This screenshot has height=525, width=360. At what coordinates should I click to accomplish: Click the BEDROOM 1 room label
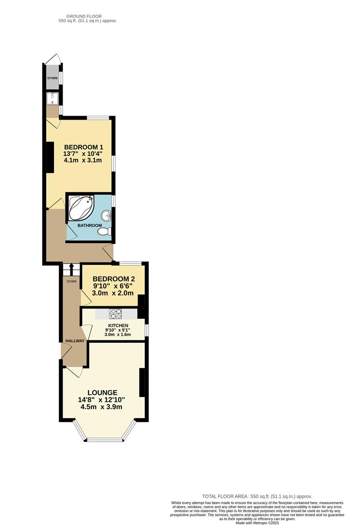tap(82, 147)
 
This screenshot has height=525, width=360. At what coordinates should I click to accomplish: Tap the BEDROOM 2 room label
tap(113, 279)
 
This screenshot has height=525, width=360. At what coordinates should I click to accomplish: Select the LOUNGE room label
tap(102, 393)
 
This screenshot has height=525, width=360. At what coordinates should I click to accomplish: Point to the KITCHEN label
tap(118, 325)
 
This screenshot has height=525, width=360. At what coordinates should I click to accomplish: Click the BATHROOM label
tap(90, 226)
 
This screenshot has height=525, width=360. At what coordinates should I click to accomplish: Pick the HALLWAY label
tap(74, 341)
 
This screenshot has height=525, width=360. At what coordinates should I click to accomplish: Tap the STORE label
tap(52, 78)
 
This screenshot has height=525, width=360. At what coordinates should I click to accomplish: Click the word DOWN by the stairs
tap(71, 281)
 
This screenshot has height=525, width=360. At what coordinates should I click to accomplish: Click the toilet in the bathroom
tap(103, 232)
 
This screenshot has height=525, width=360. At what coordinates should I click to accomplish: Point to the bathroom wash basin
tap(107, 215)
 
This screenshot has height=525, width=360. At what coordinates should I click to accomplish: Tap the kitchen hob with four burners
tap(115, 314)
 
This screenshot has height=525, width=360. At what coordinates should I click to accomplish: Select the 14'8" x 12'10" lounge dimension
tap(102, 400)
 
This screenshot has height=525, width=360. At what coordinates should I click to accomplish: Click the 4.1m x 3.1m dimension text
tap(82, 161)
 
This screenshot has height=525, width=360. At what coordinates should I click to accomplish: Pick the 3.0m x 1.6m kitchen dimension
tap(118, 334)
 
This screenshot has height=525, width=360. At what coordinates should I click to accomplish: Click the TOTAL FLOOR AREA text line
tap(257, 496)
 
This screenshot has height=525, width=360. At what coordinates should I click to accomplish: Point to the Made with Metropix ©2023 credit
tap(257, 523)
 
